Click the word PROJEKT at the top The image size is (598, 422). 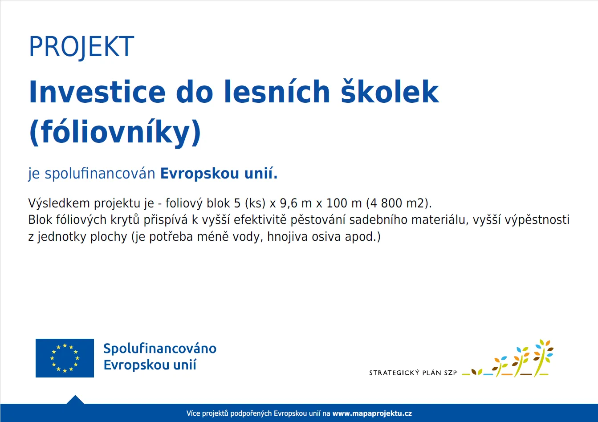[x=81, y=46]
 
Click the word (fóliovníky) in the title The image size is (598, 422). [x=115, y=133]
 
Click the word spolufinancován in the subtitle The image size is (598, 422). [x=100, y=174]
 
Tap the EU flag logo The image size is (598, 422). [x=65, y=358]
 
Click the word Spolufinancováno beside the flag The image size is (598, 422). [x=160, y=349]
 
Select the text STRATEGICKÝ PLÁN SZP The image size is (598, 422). [x=413, y=373]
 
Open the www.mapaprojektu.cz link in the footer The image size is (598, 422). [x=372, y=414]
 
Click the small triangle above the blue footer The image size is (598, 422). [x=75, y=400]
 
